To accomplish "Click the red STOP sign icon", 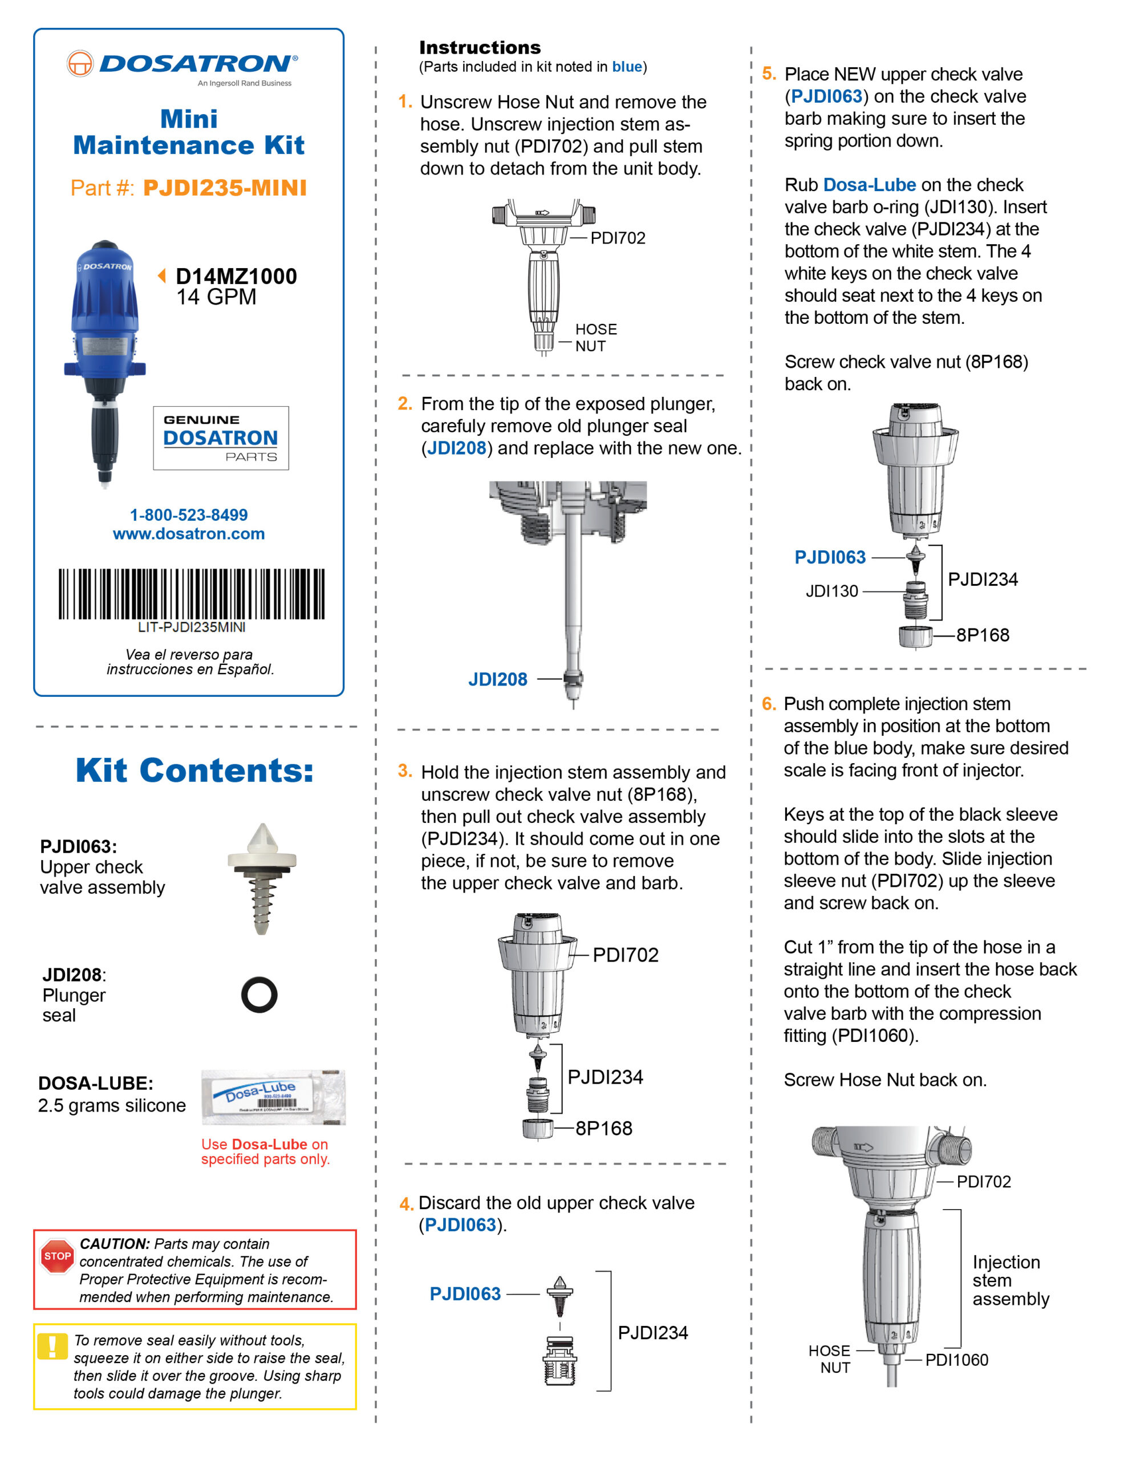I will tap(57, 1256).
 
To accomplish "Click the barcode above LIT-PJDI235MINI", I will tap(191, 594).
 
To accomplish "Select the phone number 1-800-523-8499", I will tap(189, 515).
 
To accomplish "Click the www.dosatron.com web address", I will tap(189, 533).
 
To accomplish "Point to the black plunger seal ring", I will tap(259, 995).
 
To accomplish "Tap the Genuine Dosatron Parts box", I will tap(221, 438).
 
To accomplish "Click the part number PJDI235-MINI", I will tap(225, 188).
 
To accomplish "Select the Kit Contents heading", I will tap(194, 770).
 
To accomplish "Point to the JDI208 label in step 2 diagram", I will tap(497, 679).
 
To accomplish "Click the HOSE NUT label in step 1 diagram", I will tap(595, 338).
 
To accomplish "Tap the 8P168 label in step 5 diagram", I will tap(982, 635).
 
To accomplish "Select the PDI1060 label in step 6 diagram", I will tap(956, 1360).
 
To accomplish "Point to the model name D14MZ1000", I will tap(236, 276).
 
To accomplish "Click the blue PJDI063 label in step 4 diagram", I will tap(465, 1293).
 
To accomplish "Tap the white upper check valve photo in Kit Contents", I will tap(261, 878).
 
